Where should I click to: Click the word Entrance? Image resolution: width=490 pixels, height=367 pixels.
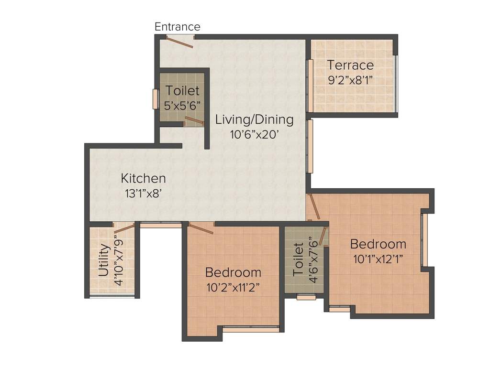(177, 27)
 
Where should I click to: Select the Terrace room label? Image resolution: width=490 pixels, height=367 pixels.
(350, 65)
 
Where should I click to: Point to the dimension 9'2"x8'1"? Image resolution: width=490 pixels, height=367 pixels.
(350, 79)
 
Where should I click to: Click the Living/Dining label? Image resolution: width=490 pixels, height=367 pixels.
(254, 119)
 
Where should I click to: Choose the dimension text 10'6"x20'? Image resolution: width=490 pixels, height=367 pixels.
(254, 134)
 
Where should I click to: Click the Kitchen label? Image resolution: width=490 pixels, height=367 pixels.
(143, 179)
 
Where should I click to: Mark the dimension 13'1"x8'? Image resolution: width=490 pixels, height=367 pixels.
(143, 194)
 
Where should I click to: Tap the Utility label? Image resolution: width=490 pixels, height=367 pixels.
(103, 260)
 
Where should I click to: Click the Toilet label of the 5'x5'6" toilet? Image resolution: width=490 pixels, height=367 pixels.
(182, 90)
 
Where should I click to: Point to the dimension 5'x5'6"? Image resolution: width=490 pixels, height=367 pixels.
(182, 105)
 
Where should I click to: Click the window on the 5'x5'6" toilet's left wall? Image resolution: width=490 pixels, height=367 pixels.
(155, 99)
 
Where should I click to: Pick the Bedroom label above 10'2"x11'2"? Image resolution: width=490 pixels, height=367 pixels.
(233, 272)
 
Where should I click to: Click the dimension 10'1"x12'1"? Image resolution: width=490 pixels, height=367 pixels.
(378, 259)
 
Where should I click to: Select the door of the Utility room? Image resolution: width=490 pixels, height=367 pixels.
(123, 228)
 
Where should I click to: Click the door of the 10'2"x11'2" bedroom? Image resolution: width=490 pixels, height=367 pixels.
(201, 228)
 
